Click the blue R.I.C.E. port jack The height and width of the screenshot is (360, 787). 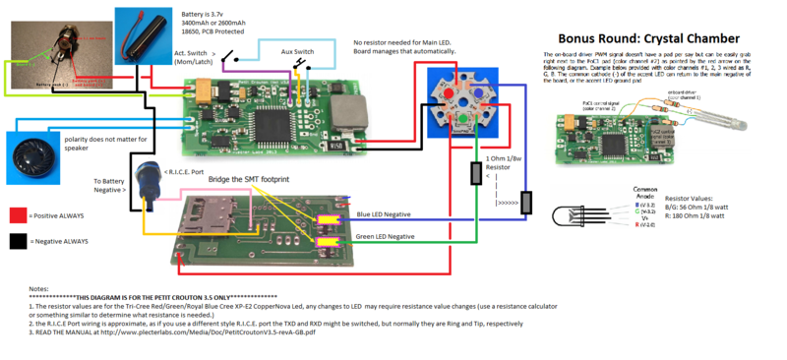(x=150, y=179)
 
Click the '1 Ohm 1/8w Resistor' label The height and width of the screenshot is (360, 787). (x=508, y=163)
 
